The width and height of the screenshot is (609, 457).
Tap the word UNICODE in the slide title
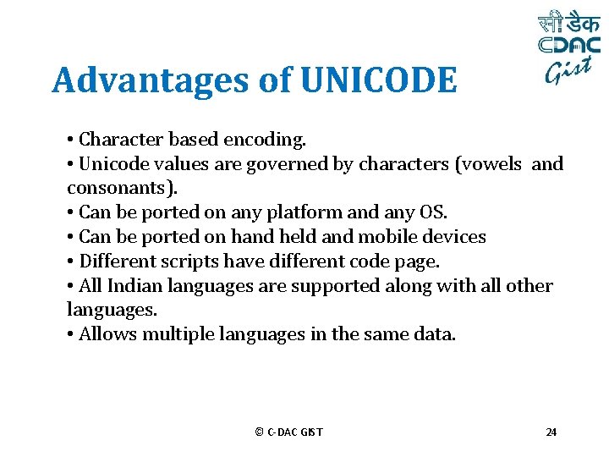[x=377, y=81]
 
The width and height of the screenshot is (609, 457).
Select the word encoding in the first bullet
[x=267, y=139]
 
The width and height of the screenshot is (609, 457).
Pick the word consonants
[x=110, y=188]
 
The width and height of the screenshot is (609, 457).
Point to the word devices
[x=457, y=237]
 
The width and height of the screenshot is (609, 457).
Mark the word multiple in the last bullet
[x=178, y=334]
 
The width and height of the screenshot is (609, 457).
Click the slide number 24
[x=551, y=432]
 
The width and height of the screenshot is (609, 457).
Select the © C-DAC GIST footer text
[x=288, y=432]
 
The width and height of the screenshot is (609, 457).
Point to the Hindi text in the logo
[x=569, y=24]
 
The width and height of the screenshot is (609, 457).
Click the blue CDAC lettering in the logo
[x=569, y=46]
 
